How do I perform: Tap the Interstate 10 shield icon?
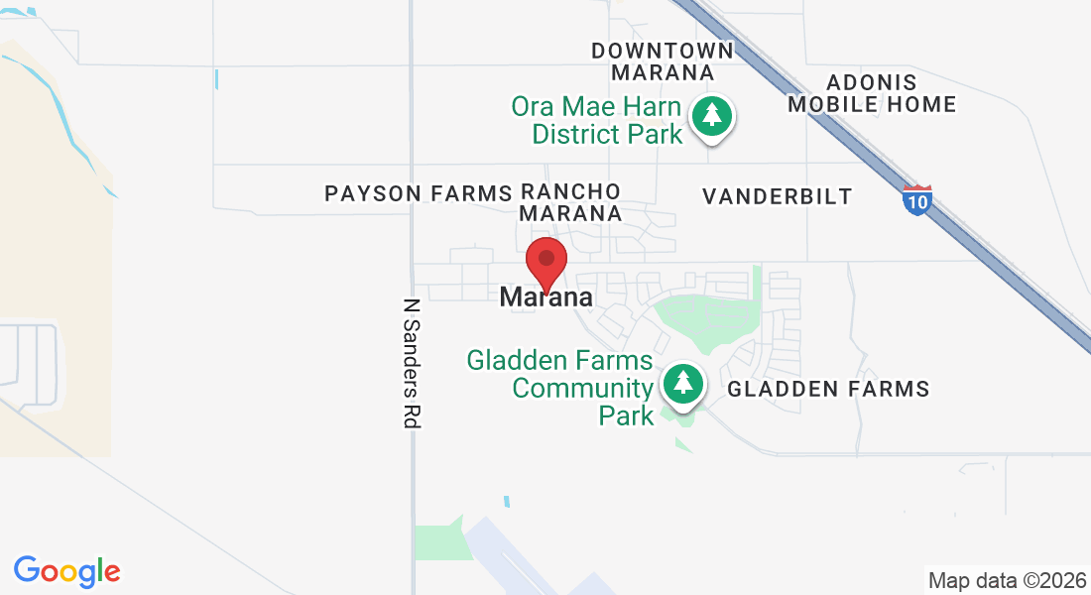(x=917, y=200)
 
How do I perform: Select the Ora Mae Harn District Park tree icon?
(x=711, y=116)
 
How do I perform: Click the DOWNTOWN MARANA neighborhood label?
(x=663, y=61)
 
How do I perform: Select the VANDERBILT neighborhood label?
(x=778, y=196)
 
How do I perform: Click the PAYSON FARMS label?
(x=418, y=193)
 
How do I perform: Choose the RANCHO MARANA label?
(x=571, y=201)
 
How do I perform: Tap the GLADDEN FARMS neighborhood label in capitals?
(x=829, y=389)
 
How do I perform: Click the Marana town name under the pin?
(x=546, y=297)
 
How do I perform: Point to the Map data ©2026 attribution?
(x=1005, y=580)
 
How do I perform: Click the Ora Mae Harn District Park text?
(x=596, y=120)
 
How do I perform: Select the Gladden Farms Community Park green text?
(x=560, y=387)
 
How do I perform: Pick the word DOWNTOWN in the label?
(x=663, y=50)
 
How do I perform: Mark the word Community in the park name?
(x=583, y=388)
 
